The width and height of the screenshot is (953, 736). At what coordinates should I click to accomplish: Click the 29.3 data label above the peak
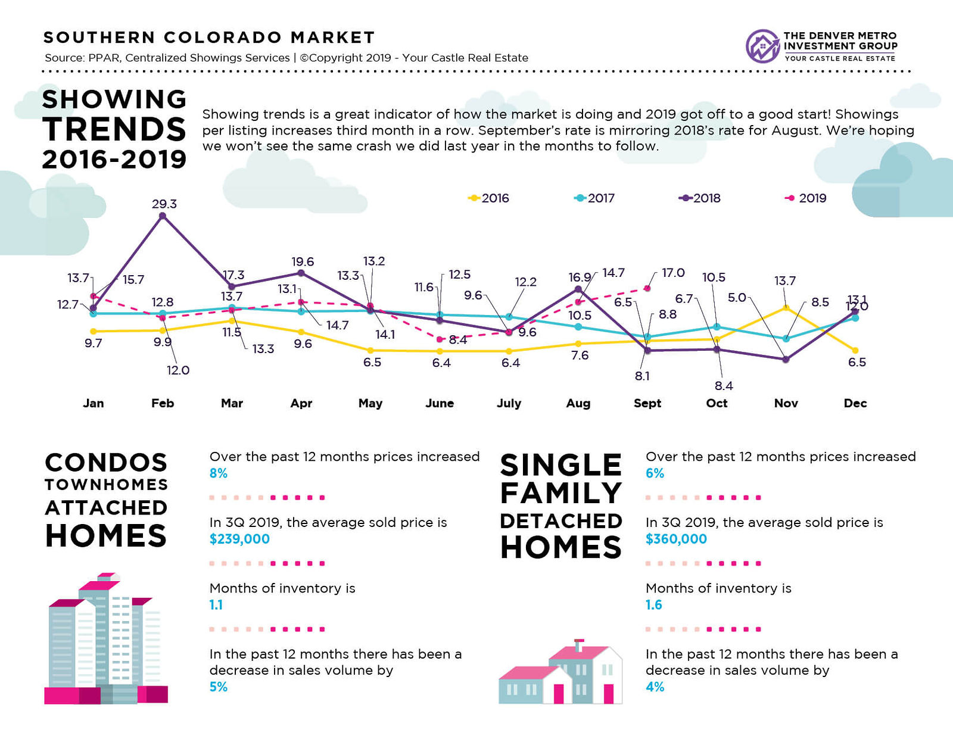point(164,204)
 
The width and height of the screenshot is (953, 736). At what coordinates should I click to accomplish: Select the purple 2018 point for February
point(163,216)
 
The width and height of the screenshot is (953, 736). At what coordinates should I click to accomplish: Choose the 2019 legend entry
point(805,198)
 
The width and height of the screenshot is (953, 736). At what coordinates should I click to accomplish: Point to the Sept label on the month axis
point(647,403)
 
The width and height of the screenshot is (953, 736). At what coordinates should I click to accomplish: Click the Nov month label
point(786,403)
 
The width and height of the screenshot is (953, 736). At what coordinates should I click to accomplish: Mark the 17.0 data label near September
point(673,273)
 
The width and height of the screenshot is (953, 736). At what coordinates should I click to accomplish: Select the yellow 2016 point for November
point(786,308)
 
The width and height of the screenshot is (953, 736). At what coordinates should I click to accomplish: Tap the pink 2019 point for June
point(440,339)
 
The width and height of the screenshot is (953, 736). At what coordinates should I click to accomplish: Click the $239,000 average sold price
point(239,539)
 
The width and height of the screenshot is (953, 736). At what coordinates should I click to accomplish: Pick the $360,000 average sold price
point(676,539)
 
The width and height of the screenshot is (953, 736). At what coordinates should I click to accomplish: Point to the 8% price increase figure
point(219,473)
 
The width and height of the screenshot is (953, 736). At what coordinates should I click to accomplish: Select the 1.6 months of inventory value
point(653,605)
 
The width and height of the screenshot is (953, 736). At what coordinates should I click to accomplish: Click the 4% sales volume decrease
point(655,687)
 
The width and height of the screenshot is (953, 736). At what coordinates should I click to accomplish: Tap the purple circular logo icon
point(762,46)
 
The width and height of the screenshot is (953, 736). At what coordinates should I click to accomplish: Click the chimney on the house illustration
point(579,645)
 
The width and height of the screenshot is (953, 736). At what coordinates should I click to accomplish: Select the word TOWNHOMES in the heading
point(106,484)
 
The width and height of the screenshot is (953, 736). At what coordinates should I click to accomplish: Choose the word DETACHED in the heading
point(561,521)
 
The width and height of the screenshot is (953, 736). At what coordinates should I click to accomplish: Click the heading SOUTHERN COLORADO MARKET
point(209,38)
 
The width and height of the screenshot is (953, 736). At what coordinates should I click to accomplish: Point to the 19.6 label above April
point(303,261)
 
